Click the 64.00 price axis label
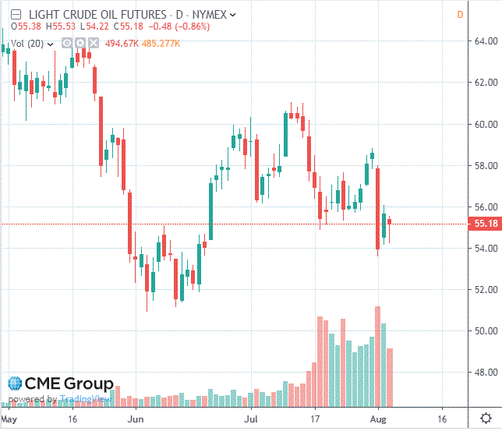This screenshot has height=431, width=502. pos(486,41)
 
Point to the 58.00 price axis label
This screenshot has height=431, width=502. pos(486,165)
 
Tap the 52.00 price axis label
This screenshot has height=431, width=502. pos(486,290)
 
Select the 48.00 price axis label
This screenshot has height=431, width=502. pos(486,373)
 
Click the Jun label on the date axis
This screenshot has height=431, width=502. pos(135,419)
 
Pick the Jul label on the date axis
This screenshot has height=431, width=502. pos(252,419)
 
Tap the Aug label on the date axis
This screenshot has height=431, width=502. pos(377,419)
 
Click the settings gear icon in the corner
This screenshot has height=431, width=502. pos(485,419)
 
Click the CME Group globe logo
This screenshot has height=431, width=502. pos(15,384)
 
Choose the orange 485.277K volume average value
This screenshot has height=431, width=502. pos(161,44)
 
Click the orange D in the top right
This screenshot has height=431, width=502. pos(460,15)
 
